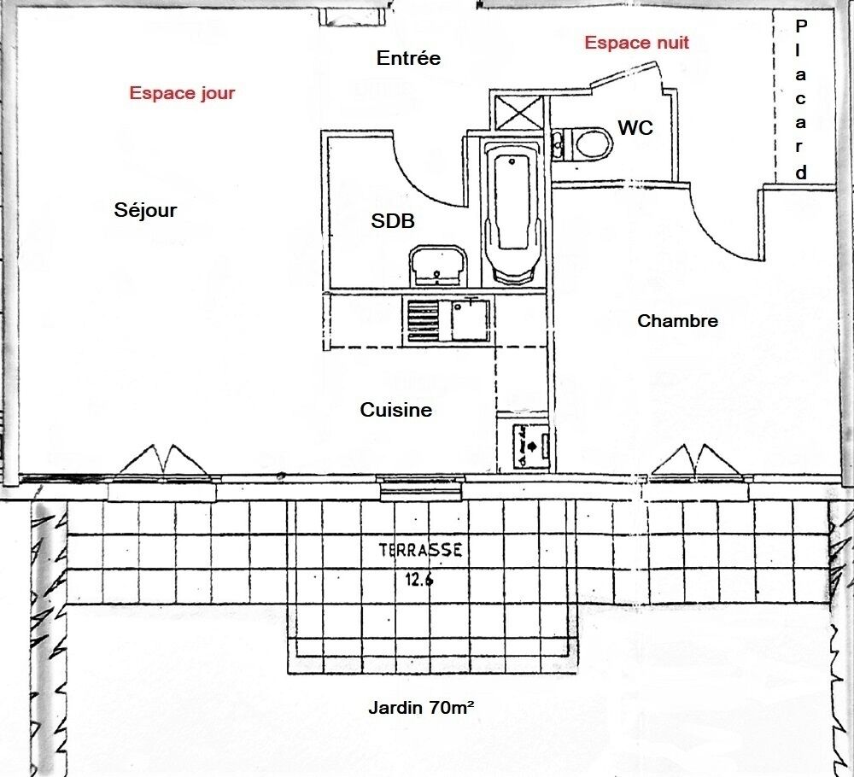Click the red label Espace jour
pyautogui.click(x=182, y=93)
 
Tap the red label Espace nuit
pyautogui.click(x=636, y=43)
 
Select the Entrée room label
pyautogui.click(x=408, y=58)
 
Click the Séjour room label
pyautogui.click(x=145, y=210)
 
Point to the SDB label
pyautogui.click(x=393, y=221)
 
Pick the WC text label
pyautogui.click(x=635, y=128)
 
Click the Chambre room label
pyautogui.click(x=677, y=321)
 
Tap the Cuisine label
pyautogui.click(x=395, y=410)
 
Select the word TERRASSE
pyautogui.click(x=421, y=551)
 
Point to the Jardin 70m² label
pyautogui.click(x=422, y=707)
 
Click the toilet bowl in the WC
pyautogui.click(x=589, y=143)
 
